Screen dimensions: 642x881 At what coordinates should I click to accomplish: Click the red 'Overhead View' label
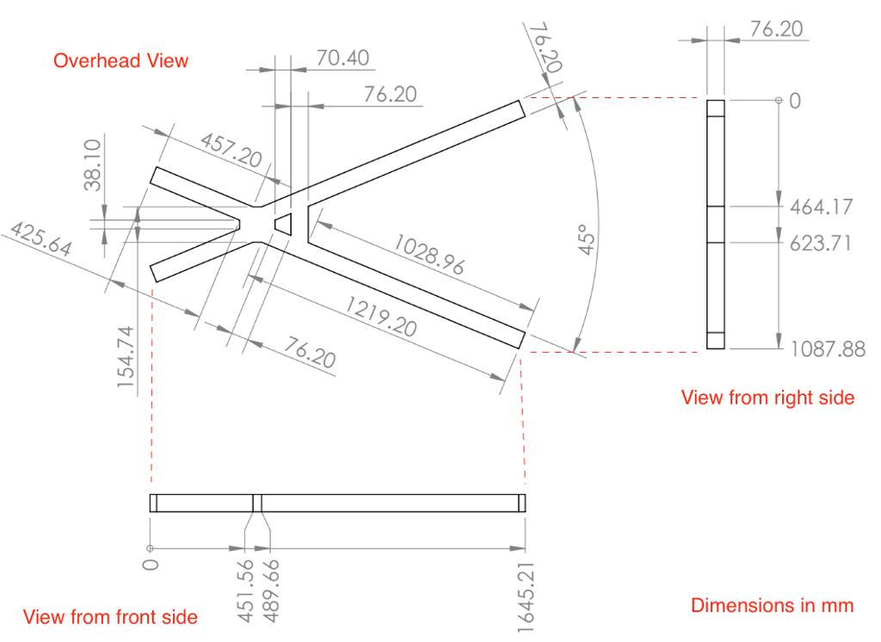point(120,60)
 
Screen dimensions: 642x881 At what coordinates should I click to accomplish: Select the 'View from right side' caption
point(767,397)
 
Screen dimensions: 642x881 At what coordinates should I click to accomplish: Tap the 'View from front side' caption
point(110,616)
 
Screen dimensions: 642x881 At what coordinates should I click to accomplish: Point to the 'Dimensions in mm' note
point(772,605)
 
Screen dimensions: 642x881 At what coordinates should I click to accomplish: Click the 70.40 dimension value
point(342,58)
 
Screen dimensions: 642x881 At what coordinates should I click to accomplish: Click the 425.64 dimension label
point(40,243)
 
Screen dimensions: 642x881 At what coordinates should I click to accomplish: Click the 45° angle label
point(586,239)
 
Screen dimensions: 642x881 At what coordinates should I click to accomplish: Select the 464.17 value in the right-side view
point(821,207)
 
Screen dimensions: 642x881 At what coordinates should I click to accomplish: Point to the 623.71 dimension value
point(821,243)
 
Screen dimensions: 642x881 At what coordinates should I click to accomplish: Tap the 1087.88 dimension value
point(827,349)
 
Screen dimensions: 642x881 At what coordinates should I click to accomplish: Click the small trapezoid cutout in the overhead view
point(284,224)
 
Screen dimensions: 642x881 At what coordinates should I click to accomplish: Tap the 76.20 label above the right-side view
point(776,29)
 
